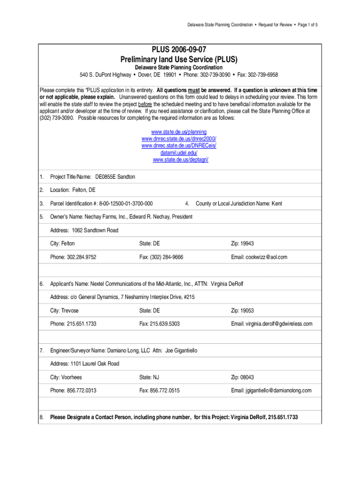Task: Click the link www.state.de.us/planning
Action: pos(180,132)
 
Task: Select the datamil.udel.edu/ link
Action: pos(180,153)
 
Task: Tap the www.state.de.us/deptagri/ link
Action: pos(180,160)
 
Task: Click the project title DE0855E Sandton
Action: pos(115,177)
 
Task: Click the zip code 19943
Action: pos(248,244)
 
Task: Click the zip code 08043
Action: pos(248,377)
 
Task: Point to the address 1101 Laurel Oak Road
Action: pos(95,363)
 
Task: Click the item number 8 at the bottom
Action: pos(41,417)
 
